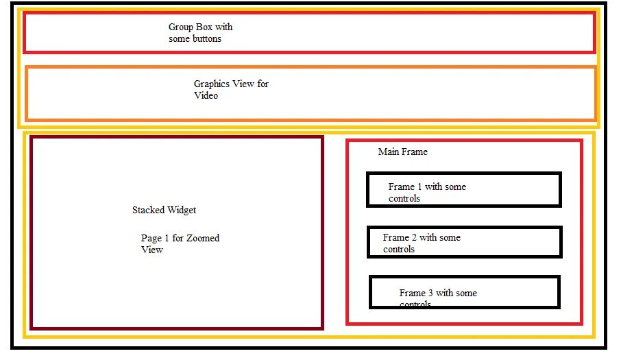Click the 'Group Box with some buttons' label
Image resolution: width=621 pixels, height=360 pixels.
(x=200, y=33)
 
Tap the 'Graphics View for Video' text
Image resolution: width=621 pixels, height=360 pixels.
(x=231, y=90)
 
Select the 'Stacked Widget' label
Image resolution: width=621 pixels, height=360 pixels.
(x=165, y=210)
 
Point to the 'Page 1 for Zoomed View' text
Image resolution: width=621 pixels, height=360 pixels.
(x=180, y=244)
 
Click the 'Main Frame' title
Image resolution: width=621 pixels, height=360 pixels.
(x=402, y=152)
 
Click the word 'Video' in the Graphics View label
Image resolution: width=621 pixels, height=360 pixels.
(x=206, y=96)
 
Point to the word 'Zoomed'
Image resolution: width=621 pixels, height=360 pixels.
(x=203, y=238)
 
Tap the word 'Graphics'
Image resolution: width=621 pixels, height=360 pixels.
(x=212, y=84)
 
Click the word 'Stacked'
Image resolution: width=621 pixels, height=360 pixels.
(x=147, y=210)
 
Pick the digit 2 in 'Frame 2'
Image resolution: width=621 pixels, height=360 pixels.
(x=413, y=237)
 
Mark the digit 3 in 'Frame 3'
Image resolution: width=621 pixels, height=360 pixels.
(x=430, y=293)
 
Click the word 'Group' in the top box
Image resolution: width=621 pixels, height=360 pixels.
(x=182, y=27)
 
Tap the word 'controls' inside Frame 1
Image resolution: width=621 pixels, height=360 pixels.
(x=404, y=198)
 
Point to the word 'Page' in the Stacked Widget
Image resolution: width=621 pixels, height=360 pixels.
(x=151, y=238)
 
